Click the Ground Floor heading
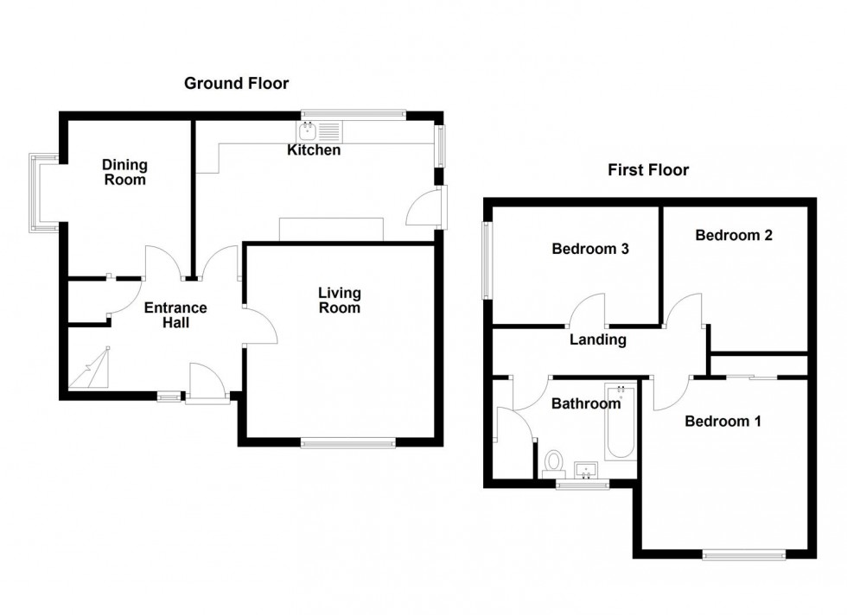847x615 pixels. point(236,84)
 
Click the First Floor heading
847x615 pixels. point(647,170)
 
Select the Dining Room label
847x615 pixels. point(124,172)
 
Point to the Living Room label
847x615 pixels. point(339,301)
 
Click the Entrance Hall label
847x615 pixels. point(175,314)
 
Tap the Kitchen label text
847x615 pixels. point(314,150)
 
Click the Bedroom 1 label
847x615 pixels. point(723,422)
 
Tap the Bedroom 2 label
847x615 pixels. point(733,234)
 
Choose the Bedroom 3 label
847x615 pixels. point(589,250)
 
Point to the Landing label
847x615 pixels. point(597,339)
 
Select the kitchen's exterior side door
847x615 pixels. point(429,207)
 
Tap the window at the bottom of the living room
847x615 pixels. point(348,443)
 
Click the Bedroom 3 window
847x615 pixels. point(487,260)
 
